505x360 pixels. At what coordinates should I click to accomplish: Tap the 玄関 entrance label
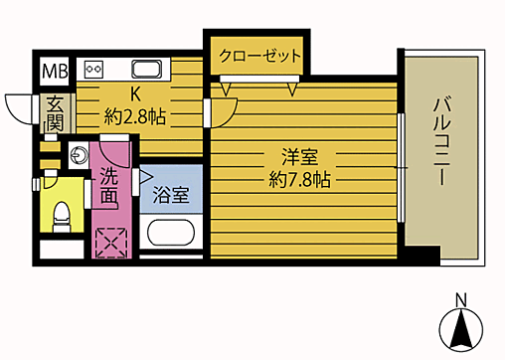(54, 113)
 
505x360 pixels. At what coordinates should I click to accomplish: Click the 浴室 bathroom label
(171, 196)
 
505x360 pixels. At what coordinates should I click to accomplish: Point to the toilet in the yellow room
(60, 212)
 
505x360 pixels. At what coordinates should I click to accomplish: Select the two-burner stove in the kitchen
(95, 70)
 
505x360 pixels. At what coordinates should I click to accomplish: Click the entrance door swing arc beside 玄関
(19, 107)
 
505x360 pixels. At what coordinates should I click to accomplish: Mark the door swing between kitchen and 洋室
(222, 111)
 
